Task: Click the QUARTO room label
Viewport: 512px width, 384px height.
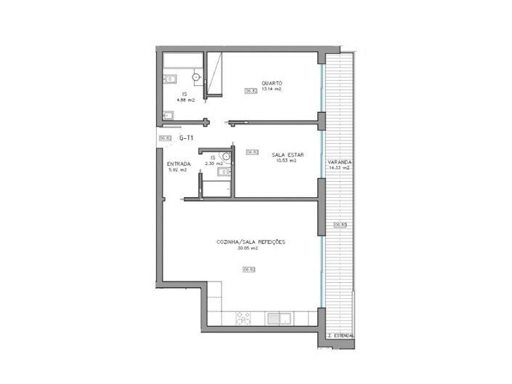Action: coord(272,83)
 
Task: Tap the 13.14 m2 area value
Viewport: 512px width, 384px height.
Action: coord(272,89)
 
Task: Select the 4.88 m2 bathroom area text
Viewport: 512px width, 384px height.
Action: coord(187,100)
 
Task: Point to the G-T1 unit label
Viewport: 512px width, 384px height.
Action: coord(187,137)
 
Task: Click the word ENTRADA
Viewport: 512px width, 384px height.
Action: coord(179,164)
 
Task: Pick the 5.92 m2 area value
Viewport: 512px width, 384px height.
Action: coord(178,170)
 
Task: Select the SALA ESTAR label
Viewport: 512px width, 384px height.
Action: coord(286,155)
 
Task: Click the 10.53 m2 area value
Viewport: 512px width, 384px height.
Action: coord(286,161)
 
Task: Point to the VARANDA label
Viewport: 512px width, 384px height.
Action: coord(339,161)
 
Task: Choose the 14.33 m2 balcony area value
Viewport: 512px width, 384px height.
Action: coord(339,168)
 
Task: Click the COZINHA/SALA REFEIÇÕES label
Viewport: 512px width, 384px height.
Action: coord(251,242)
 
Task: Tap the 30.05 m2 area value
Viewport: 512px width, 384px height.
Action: coord(248,249)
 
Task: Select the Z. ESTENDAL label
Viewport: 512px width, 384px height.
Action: coord(341,335)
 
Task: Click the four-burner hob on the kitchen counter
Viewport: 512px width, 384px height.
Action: coord(243,319)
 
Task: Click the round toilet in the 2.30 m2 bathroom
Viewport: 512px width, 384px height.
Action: coord(227,156)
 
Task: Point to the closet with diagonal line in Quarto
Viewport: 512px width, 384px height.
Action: coord(215,73)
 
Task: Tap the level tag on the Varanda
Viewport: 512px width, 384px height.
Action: coord(339,225)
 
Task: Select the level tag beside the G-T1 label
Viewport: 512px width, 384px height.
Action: coord(164,137)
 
